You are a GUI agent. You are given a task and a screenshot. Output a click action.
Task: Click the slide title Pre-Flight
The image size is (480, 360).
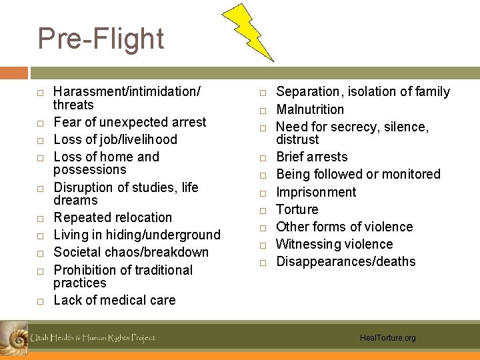click(x=101, y=39)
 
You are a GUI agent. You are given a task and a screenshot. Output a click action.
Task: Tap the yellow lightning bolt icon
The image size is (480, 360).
click(x=247, y=31)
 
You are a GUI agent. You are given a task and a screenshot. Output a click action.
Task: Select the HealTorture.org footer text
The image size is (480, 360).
click(x=387, y=338)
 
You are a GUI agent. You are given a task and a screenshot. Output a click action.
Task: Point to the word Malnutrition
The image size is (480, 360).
click(x=310, y=109)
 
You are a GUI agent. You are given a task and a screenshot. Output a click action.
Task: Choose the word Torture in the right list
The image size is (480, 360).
click(x=297, y=209)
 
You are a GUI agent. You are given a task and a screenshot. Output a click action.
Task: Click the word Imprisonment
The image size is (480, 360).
click(x=316, y=192)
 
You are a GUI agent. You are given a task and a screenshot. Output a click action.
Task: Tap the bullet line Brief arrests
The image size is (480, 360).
click(x=311, y=157)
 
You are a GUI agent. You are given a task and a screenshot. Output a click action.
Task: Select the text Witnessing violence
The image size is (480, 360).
click(x=334, y=244)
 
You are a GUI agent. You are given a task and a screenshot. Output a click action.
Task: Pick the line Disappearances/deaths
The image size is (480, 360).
click(x=345, y=261)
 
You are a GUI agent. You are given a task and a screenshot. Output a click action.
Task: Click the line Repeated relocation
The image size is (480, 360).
click(x=113, y=217)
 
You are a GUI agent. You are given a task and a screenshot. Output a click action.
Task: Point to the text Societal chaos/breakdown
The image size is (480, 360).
click(x=131, y=252)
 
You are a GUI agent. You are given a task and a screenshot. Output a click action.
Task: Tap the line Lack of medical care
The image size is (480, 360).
click(x=114, y=300)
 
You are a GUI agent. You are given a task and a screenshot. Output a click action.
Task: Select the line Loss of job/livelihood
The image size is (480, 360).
click(x=115, y=139)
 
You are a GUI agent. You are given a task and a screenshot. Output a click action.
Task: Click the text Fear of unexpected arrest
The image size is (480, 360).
click(x=130, y=122)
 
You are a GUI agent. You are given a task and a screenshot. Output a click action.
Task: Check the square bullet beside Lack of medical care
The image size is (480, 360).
click(x=41, y=301)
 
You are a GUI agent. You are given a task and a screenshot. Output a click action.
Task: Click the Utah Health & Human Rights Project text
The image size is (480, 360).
click(x=93, y=338)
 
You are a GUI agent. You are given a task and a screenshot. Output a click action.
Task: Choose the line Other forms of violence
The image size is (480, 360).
click(x=344, y=227)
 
